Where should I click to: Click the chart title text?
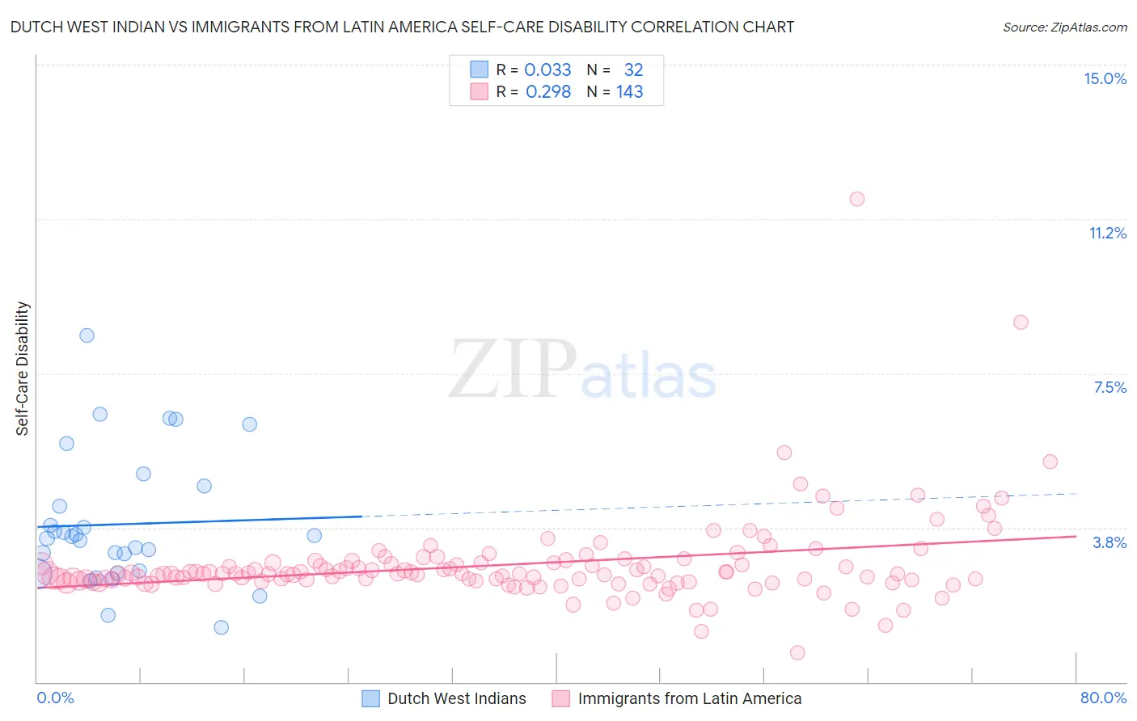[402, 27]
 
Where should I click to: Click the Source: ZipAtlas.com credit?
[1064, 27]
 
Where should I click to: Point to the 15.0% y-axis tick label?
[1105, 78]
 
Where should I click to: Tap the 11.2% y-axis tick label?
[1107, 233]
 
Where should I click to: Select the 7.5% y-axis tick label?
[1110, 387]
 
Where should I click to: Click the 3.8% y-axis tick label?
[1110, 542]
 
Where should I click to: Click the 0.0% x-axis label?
[55, 698]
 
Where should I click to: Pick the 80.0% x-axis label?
[1103, 698]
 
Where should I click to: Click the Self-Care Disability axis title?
[23, 369]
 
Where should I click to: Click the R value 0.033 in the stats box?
[547, 70]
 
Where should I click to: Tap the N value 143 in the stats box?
[629, 92]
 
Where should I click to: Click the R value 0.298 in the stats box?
[547, 92]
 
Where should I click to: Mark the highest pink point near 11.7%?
[857, 199]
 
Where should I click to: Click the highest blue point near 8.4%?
[87, 335]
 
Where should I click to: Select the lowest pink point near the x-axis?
[797, 652]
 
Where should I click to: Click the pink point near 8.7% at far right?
[1021, 323]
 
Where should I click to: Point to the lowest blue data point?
[221, 627]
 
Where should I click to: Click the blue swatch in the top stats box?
[480, 70]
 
